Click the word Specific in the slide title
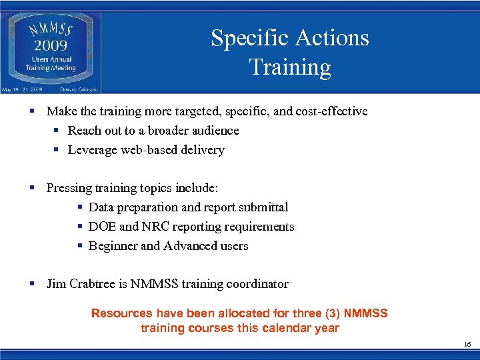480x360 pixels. [247, 38]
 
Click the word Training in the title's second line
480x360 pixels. [289, 67]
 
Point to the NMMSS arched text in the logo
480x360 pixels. [51, 30]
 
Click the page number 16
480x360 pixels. [467, 344]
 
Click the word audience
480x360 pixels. [215, 131]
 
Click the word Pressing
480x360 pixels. [67, 188]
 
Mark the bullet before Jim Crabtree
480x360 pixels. [32, 284]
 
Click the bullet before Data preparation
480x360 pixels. [79, 207]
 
